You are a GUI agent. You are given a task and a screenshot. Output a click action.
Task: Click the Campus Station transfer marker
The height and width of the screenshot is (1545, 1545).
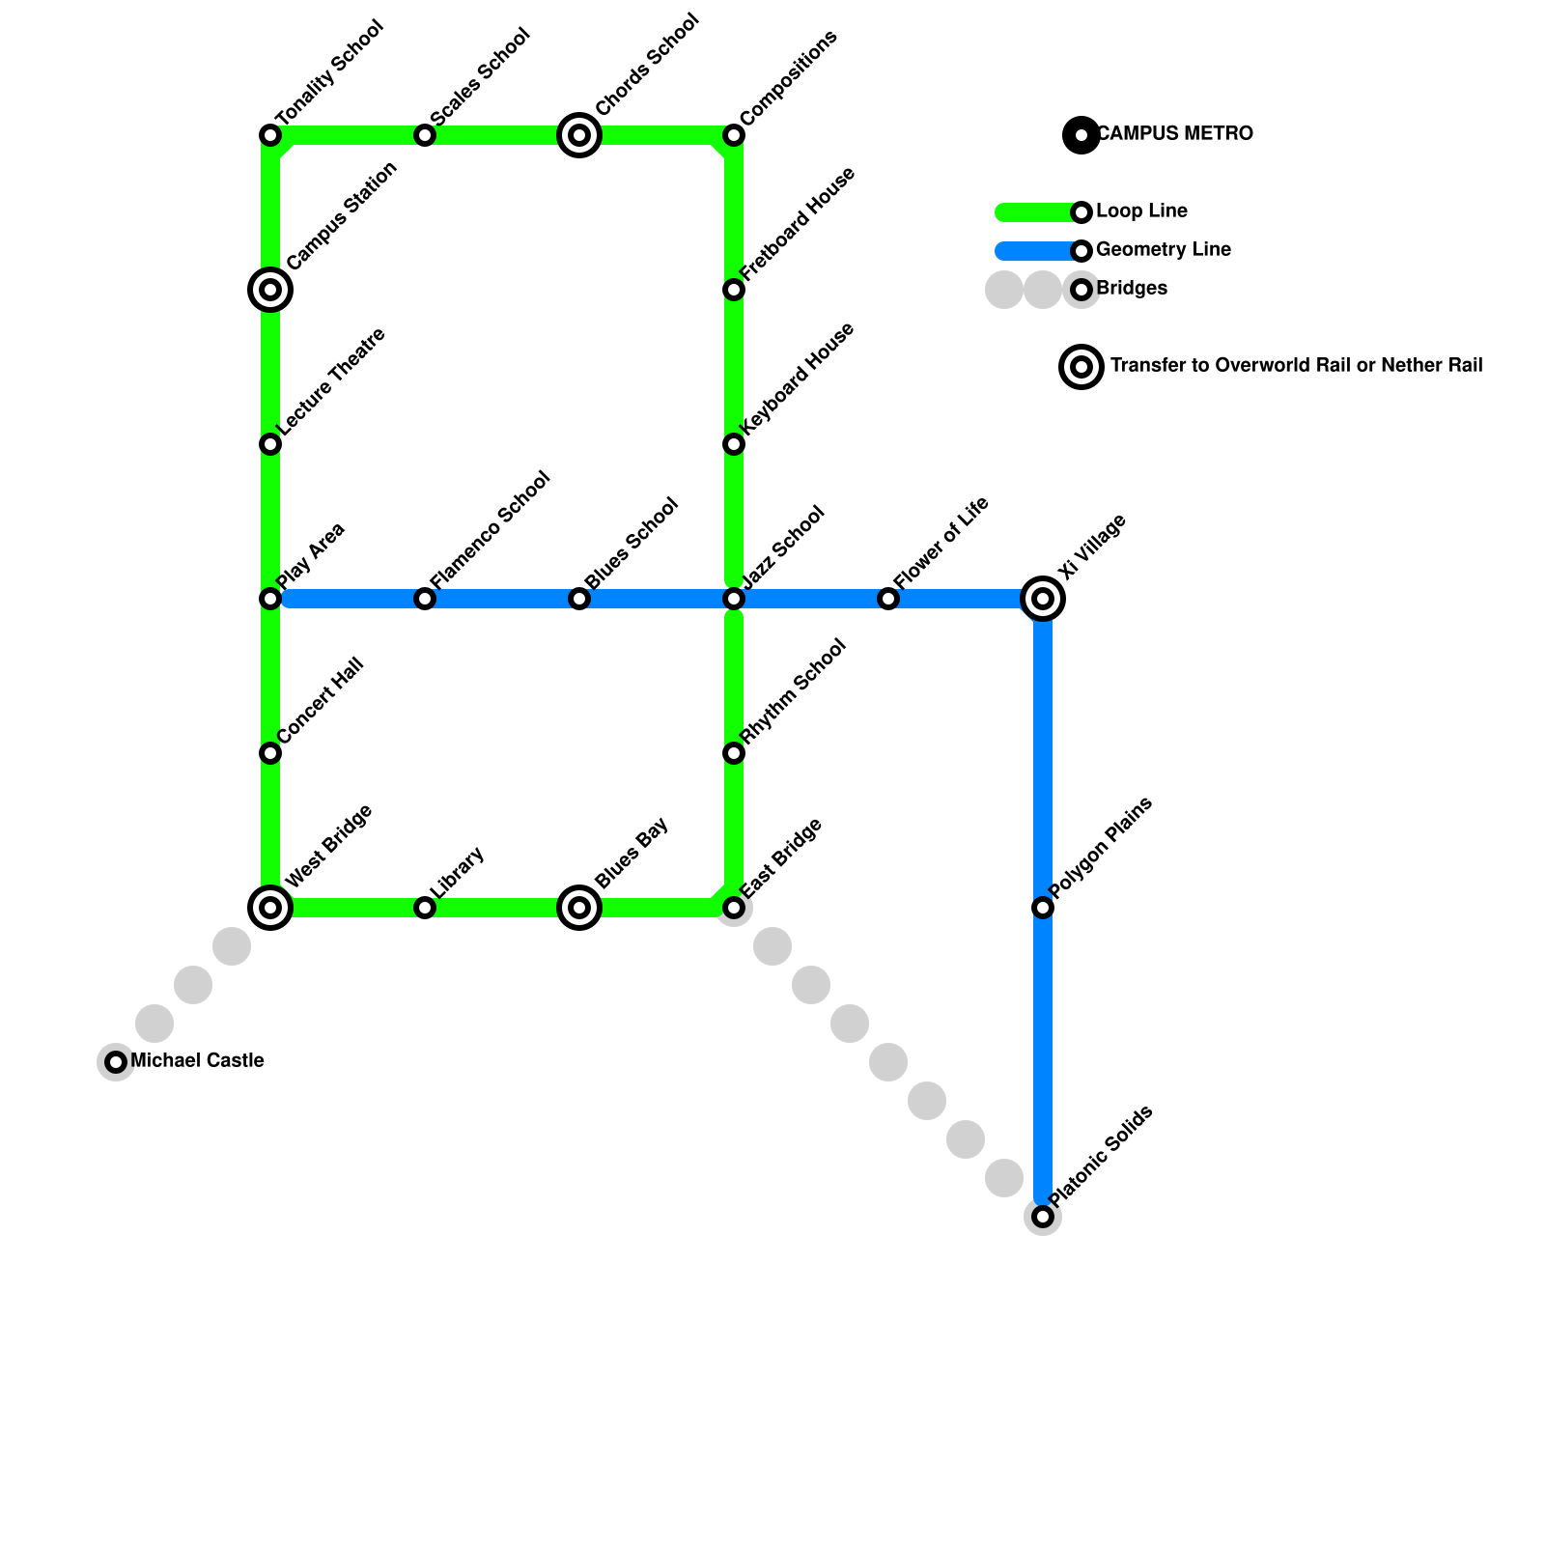(x=270, y=290)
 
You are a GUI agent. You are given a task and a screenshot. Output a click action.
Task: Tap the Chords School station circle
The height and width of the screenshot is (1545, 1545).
(x=579, y=135)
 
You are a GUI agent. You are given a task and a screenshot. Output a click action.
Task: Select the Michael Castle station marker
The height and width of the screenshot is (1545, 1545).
(x=116, y=1062)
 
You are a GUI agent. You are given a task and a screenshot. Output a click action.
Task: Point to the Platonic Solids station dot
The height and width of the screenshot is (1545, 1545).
(x=1043, y=1217)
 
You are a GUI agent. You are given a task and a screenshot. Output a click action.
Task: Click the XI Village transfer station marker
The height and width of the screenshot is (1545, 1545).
(x=1043, y=599)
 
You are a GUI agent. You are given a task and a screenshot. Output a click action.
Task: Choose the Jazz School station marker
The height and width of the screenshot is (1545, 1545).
(x=734, y=599)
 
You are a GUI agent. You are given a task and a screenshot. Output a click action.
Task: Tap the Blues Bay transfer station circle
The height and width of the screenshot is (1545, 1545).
(x=579, y=908)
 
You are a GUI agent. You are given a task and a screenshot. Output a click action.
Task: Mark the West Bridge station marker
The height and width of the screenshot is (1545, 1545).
(x=270, y=908)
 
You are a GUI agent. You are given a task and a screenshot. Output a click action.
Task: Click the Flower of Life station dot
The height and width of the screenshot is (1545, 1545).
(x=888, y=599)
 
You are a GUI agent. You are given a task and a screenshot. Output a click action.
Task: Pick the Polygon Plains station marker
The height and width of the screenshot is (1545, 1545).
(x=1043, y=908)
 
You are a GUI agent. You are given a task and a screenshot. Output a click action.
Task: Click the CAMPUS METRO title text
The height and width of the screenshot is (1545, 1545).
(x=1175, y=134)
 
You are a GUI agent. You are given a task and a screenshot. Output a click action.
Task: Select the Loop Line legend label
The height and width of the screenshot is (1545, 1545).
(x=1141, y=211)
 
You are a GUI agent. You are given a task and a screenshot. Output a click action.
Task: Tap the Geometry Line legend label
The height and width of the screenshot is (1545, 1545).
(x=1163, y=250)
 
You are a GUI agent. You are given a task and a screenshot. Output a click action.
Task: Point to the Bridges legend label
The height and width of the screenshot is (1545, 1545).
(x=1132, y=289)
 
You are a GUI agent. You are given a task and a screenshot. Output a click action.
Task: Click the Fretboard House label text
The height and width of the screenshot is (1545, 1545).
(x=798, y=224)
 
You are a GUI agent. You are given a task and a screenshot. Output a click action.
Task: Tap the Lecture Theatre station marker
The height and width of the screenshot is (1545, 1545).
(x=270, y=444)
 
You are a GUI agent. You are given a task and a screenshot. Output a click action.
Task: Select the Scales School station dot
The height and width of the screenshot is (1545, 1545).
(x=425, y=135)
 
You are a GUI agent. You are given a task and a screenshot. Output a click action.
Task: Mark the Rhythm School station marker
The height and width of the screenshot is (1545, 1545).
(x=734, y=753)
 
